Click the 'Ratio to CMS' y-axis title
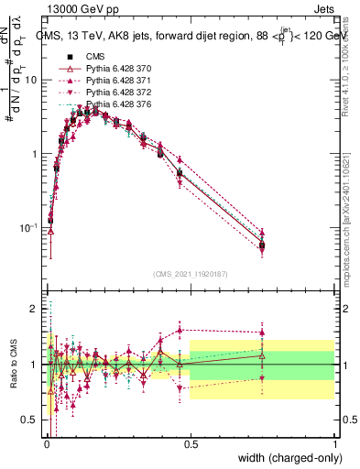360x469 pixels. point(12,365)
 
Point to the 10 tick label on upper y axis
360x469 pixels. point(31,80)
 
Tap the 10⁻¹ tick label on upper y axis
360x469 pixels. point(29,227)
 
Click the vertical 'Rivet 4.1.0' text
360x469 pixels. point(349,55)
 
